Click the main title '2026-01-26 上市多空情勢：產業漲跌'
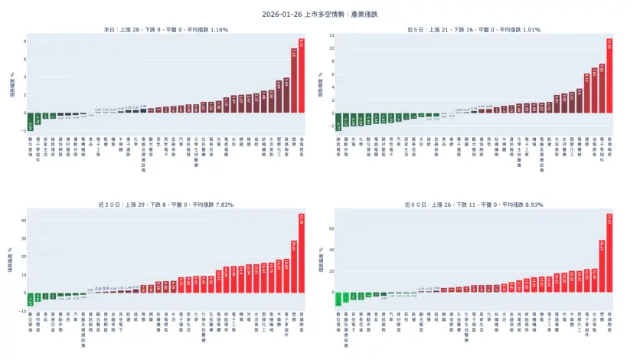319,14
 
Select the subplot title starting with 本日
165,30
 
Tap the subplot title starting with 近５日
474,30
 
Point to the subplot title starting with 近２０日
165,205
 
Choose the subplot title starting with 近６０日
474,205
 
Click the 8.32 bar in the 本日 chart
302,77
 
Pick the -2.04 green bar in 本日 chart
31,121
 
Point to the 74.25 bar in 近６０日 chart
609,254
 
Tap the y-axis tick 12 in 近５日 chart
330,35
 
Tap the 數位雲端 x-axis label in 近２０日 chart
31,320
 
